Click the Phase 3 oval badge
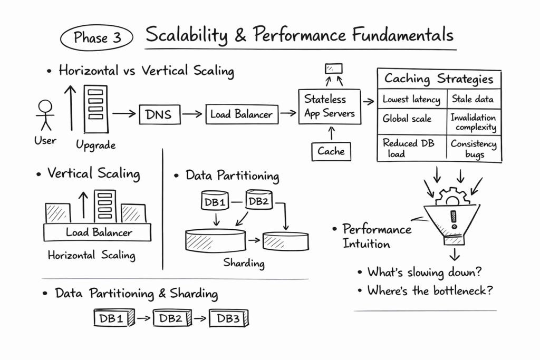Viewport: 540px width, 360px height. point(98,38)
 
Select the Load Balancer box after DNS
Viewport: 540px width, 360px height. point(242,114)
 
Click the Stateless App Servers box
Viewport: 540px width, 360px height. point(330,106)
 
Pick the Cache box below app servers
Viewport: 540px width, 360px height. point(331,151)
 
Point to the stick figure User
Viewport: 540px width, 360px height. point(45,115)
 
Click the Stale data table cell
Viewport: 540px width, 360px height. point(473,99)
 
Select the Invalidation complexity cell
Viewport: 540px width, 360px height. point(473,123)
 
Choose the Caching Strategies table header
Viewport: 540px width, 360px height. point(439,80)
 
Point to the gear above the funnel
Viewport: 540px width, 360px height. point(452,197)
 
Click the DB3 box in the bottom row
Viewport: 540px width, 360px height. point(228,318)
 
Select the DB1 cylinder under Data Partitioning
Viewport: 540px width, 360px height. point(215,201)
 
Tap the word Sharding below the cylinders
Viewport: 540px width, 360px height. point(244,262)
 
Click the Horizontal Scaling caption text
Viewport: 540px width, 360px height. point(91,256)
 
